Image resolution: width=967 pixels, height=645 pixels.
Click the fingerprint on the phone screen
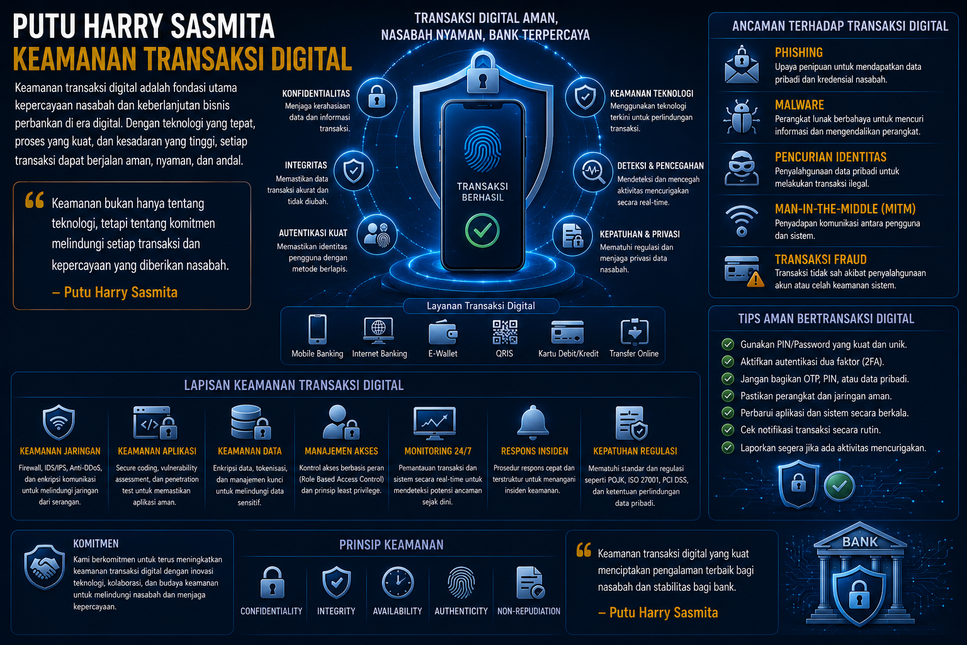(x=483, y=149)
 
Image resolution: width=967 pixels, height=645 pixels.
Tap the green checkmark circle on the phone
(x=482, y=231)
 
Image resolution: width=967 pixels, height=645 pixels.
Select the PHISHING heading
(x=799, y=53)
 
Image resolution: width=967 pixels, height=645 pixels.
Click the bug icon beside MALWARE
(x=741, y=117)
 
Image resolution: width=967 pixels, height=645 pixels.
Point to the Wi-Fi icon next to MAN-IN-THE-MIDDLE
(x=741, y=220)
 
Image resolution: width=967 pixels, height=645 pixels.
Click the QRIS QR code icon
(x=505, y=332)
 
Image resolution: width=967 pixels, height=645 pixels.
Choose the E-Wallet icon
(x=443, y=332)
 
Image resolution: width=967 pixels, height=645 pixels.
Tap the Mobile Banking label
(x=317, y=353)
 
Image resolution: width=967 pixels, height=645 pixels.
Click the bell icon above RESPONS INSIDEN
(x=533, y=422)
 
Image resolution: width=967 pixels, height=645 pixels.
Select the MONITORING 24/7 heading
(x=438, y=451)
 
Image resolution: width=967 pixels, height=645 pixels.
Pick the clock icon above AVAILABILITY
(x=398, y=583)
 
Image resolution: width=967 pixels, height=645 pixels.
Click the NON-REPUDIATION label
(x=529, y=612)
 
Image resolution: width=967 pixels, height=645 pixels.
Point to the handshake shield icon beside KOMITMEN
(x=44, y=567)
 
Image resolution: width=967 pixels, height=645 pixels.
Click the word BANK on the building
(x=860, y=542)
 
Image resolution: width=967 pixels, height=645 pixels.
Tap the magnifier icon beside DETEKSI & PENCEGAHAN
(x=592, y=171)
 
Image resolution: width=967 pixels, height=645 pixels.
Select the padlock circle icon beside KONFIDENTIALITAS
(x=377, y=98)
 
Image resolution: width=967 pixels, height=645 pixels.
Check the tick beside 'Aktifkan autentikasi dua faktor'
(x=728, y=362)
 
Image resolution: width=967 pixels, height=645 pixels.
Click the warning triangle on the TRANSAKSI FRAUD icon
(x=755, y=280)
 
